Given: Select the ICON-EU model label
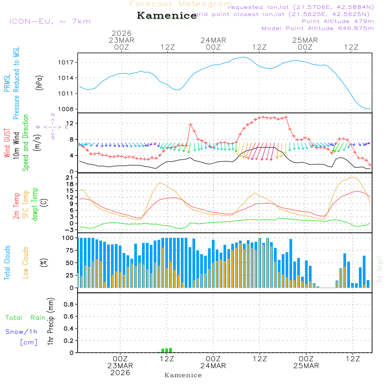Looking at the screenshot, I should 50,21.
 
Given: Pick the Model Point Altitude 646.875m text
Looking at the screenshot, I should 318,28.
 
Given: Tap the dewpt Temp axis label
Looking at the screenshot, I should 35,204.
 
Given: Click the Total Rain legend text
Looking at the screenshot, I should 26,318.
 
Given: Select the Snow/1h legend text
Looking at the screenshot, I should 22,332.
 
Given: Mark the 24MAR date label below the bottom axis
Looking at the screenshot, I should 213,366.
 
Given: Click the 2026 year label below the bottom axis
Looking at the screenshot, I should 120,373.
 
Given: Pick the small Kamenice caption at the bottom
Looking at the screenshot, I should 183,375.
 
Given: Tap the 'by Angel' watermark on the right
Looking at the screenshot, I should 379,268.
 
